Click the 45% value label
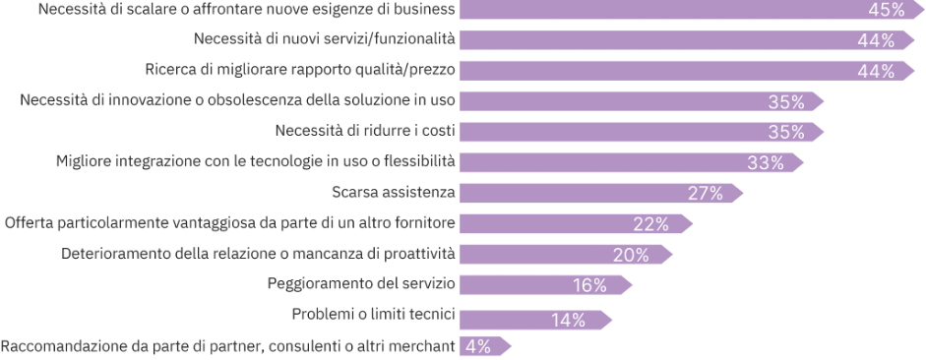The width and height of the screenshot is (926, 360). point(885,10)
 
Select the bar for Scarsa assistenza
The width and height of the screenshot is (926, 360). point(590,193)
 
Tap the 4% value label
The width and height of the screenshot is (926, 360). point(477,346)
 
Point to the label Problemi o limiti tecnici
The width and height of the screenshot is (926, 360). point(373,315)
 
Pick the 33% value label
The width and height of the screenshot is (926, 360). point(765,162)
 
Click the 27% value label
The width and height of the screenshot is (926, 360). point(705,193)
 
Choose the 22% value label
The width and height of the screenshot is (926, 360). point(650,223)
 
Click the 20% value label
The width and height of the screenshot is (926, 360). point(630,255)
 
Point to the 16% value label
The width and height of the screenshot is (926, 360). point(589,285)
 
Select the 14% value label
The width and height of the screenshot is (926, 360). point(568,318)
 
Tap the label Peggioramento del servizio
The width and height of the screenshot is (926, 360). point(361,284)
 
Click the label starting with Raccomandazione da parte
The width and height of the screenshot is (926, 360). point(228,345)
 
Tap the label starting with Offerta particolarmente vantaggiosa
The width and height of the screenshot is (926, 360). point(230,223)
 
